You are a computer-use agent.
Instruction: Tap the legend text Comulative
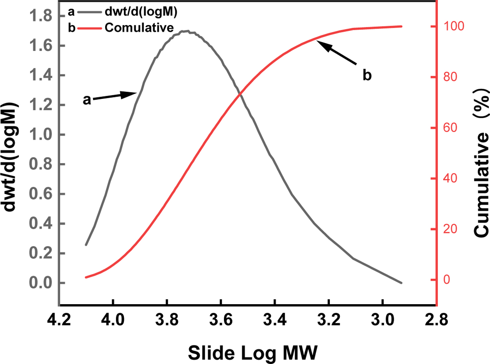pyautogui.click(x=139, y=27)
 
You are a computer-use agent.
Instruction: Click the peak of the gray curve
pyautogui.click(x=187, y=31)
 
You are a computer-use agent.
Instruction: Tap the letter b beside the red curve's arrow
pyautogui.click(x=367, y=75)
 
